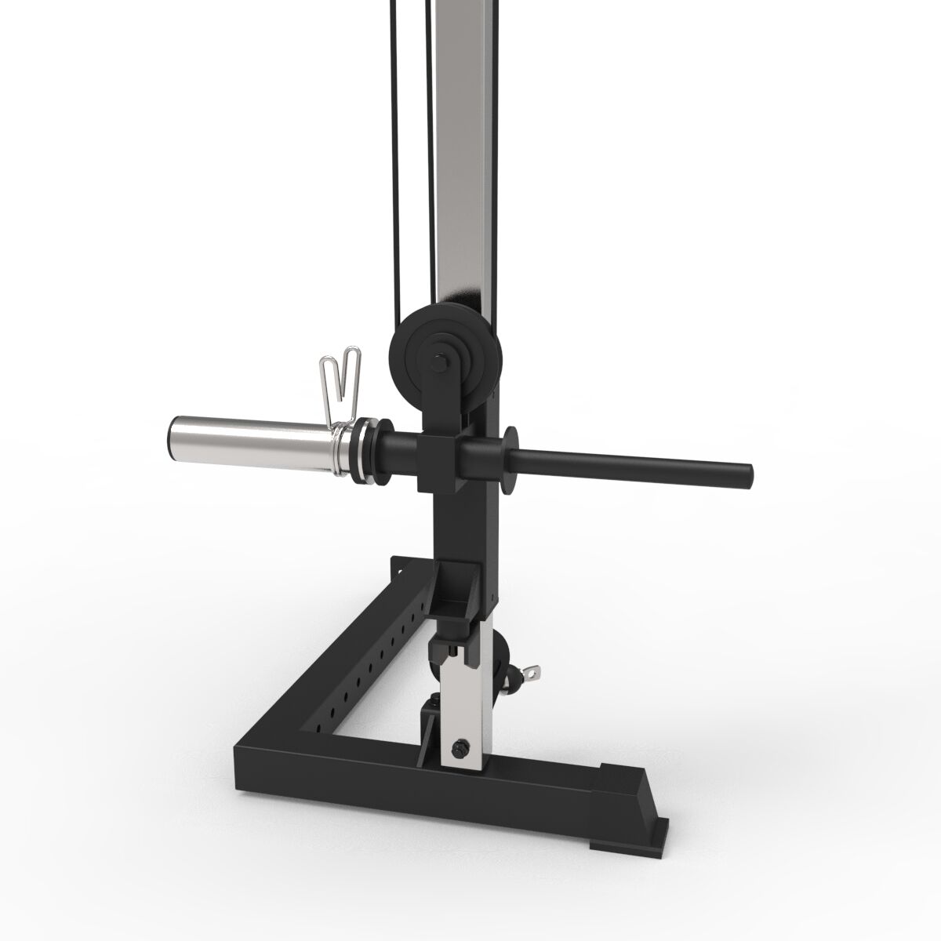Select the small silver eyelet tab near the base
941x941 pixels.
pyautogui.click(x=536, y=671)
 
